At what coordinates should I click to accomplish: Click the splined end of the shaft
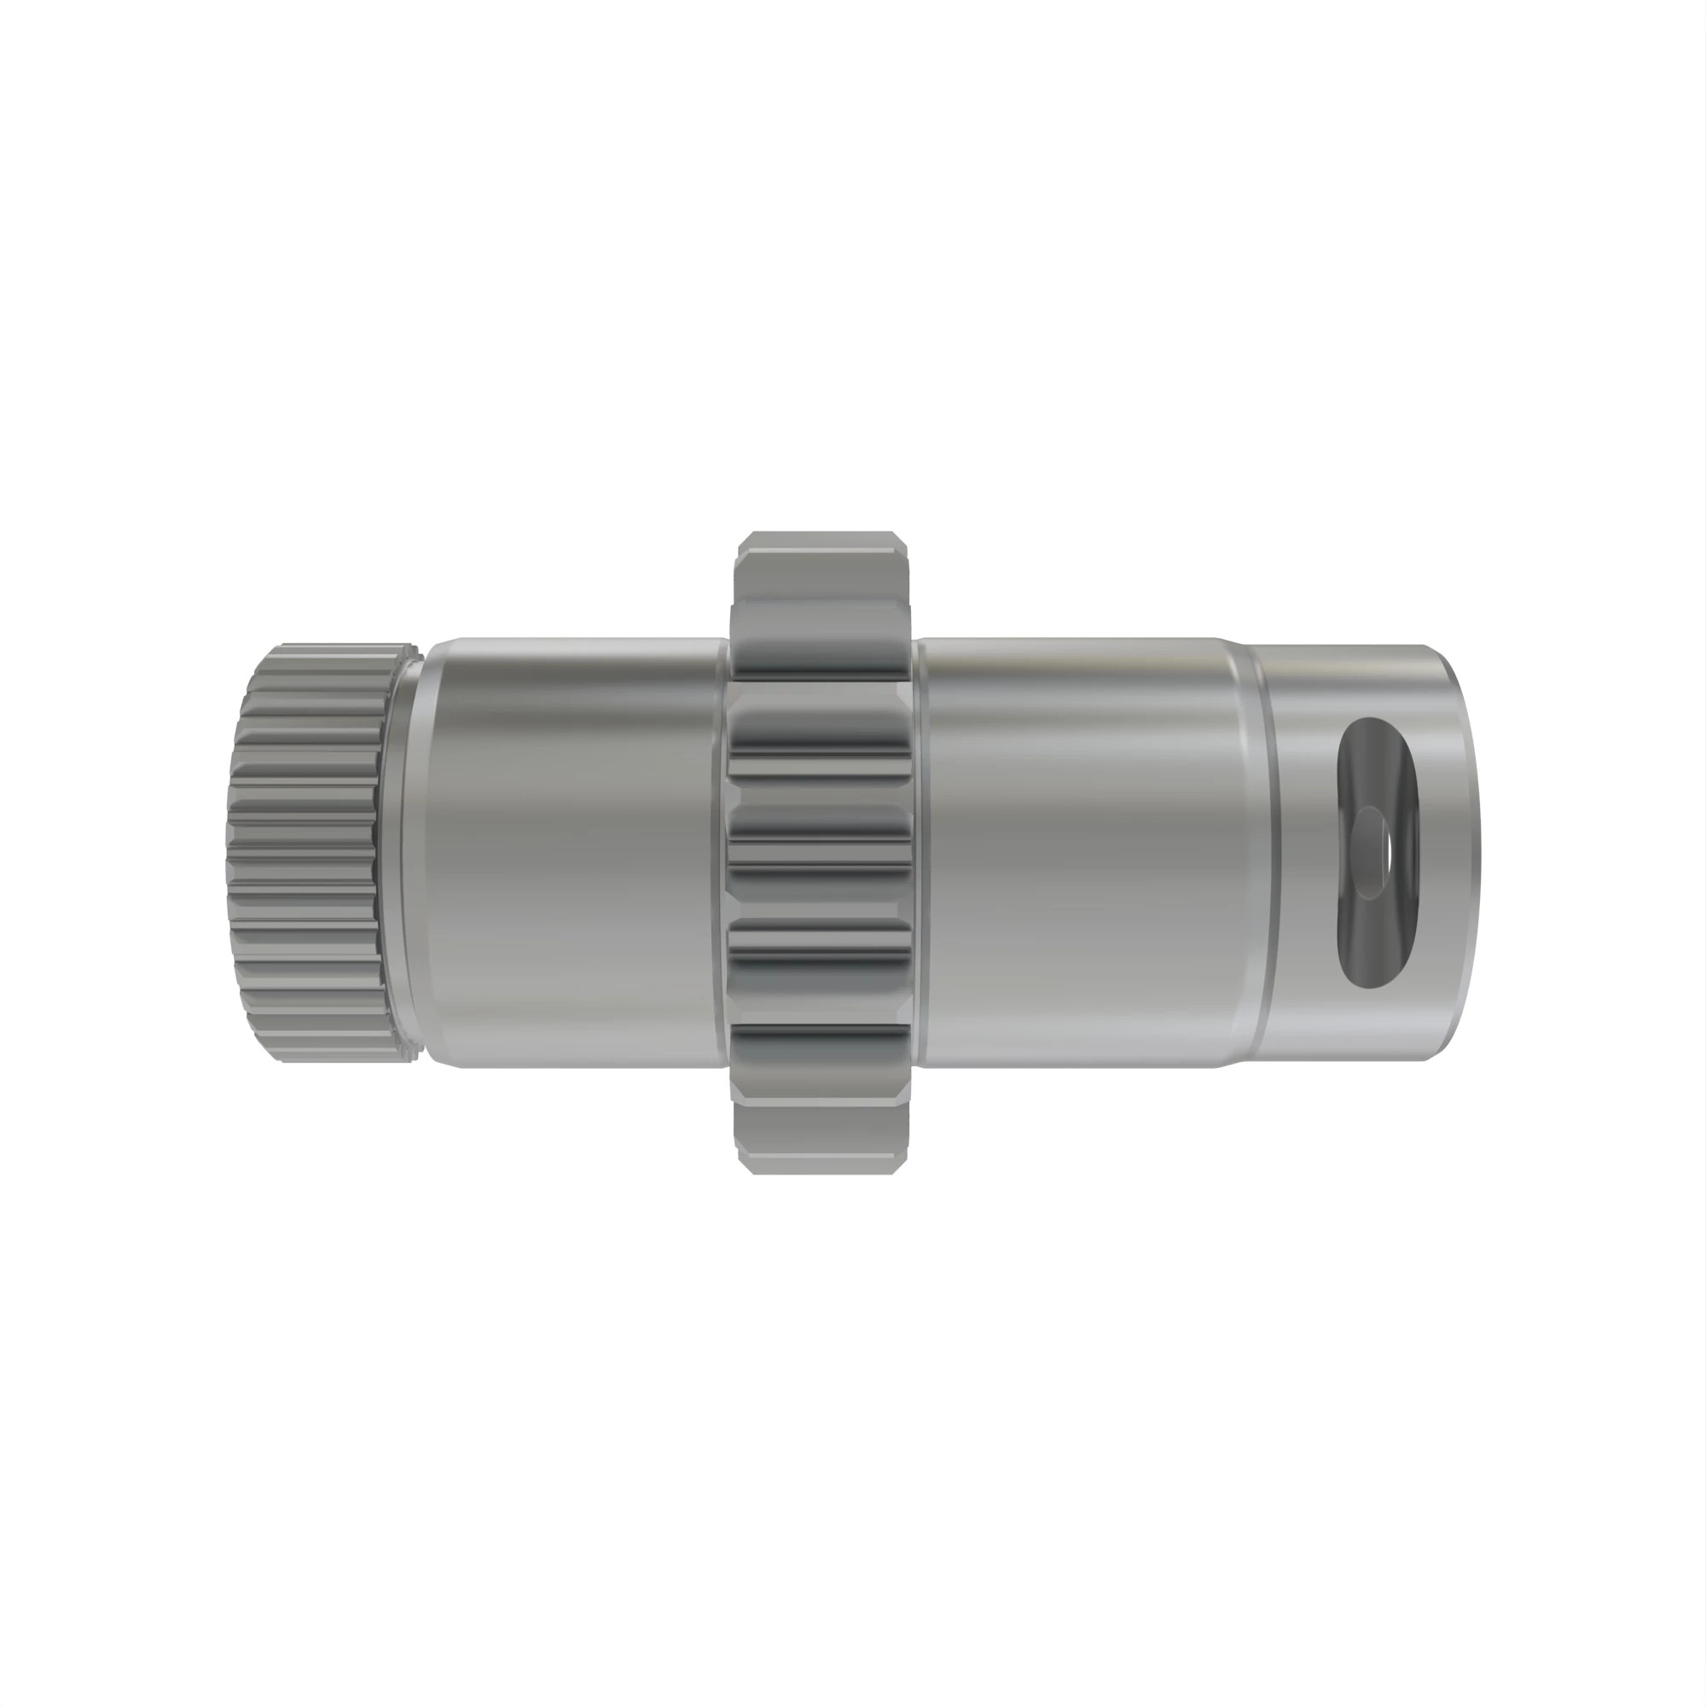305,853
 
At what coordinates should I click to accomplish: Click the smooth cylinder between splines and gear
574,852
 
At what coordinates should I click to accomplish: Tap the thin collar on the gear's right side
920,852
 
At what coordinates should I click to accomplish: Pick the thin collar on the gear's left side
721,852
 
